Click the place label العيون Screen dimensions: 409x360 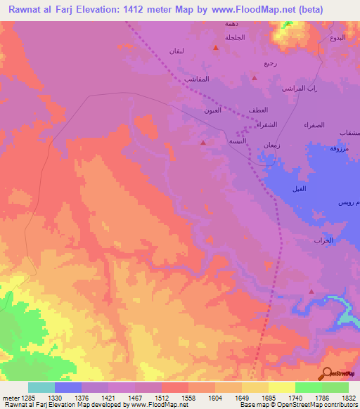pyautogui.click(x=213, y=110)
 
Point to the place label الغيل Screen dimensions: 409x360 pyautogui.click(x=300, y=190)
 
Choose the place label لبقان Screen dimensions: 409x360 pyautogui.click(x=177, y=51)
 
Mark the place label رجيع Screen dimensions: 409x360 pyautogui.click(x=271, y=63)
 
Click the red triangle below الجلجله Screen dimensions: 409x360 pyautogui.click(x=216, y=48)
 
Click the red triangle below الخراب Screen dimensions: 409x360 pyautogui.click(x=311, y=290)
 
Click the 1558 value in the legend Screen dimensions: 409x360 pyautogui.click(x=188, y=397)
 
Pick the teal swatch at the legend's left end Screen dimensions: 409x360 pyautogui.click(x=41, y=387)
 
